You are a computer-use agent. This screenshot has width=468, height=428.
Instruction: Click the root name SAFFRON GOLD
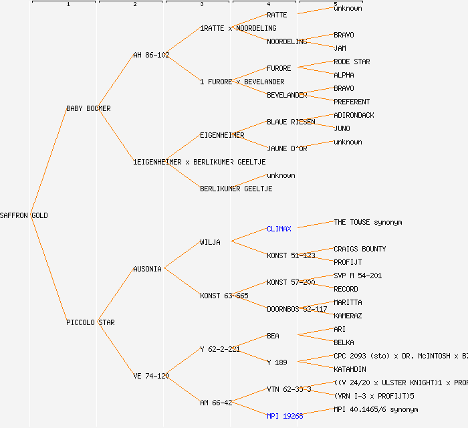point(24,215)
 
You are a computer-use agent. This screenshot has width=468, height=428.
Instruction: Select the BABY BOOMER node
point(88,108)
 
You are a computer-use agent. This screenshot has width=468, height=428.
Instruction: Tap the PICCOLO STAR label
point(90,322)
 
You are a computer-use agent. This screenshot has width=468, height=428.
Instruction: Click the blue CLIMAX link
point(279,229)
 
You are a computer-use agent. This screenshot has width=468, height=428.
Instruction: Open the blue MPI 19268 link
point(285,416)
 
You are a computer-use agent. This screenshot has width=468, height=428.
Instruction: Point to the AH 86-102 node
point(151,55)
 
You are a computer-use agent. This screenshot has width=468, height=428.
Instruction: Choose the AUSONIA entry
point(147,269)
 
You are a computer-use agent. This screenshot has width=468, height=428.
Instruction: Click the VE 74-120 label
point(151,376)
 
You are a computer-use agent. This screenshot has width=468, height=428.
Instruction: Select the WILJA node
point(210,242)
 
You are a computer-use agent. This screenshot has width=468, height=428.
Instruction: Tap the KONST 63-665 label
point(224,296)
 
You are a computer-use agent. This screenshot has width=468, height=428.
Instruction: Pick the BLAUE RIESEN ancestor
point(291,122)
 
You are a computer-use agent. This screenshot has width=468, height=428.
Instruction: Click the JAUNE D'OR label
point(287,148)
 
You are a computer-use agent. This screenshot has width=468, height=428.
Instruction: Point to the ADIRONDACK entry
point(354,115)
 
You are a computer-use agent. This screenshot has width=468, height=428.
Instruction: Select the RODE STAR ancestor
point(352,62)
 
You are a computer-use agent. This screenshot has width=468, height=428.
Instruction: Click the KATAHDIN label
point(350,369)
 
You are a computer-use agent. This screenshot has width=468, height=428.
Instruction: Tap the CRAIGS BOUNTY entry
point(360,249)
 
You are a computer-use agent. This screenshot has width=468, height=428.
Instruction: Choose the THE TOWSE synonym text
point(368,222)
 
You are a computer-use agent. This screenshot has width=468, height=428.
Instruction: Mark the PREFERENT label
point(352,102)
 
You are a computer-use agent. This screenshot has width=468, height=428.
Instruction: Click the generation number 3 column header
point(201,5)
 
